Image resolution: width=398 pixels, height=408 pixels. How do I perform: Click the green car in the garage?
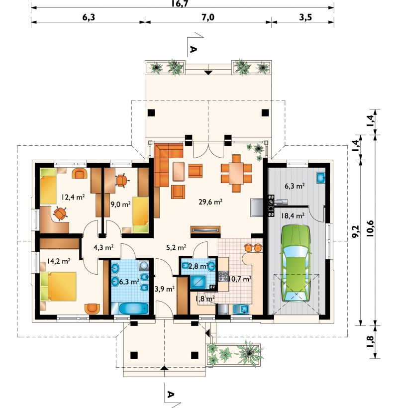(296, 263)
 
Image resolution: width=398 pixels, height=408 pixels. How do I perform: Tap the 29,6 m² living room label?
(210, 202)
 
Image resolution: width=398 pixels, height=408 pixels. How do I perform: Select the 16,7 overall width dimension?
(180, 3)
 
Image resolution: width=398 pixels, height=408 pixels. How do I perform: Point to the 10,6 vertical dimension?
(370, 228)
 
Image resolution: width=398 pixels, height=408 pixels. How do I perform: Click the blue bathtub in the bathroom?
(133, 308)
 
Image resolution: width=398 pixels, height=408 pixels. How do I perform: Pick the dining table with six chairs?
(236, 173)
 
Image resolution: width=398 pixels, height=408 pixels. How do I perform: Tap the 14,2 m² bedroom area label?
(58, 261)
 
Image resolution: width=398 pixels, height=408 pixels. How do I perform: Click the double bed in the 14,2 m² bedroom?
(59, 286)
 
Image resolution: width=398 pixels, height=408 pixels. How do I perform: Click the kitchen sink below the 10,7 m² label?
(241, 309)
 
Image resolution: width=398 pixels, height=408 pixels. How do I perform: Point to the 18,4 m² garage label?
(293, 216)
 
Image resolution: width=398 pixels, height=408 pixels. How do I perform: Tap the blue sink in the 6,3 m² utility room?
(321, 178)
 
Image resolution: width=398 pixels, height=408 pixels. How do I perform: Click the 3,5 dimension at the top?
(305, 17)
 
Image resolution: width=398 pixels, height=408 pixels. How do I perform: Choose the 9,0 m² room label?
(120, 204)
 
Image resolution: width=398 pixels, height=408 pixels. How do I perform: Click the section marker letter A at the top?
(193, 49)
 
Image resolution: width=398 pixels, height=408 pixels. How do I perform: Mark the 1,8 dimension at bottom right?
(370, 342)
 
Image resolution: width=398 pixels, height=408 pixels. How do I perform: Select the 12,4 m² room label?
(73, 197)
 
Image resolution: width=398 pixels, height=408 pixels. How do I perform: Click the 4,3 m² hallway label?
(103, 247)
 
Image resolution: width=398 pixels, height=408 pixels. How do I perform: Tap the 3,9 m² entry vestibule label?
(164, 289)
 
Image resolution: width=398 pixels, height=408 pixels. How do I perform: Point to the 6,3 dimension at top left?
(89, 17)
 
